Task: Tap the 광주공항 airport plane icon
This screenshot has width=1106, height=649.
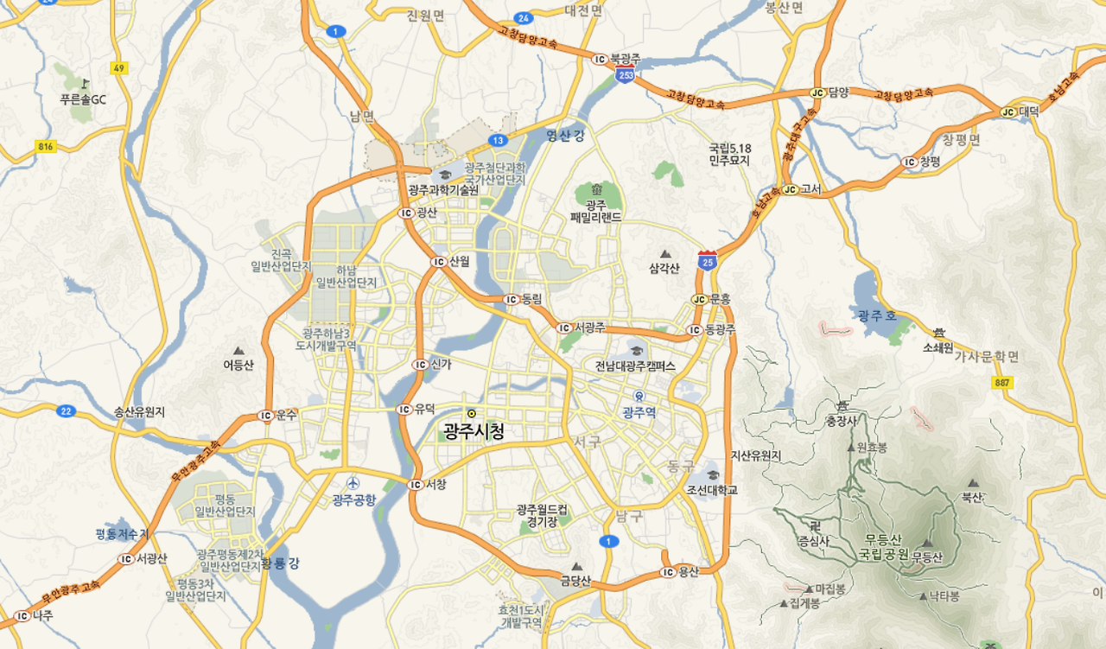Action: coord(352,483)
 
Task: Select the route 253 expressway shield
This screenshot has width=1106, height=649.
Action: coord(626,76)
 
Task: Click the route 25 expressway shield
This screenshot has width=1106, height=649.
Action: coord(708,260)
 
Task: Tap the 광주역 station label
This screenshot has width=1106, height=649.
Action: coord(639,413)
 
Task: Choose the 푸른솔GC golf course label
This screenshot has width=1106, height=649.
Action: coord(83,99)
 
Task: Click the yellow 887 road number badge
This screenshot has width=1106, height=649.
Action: coord(1002,383)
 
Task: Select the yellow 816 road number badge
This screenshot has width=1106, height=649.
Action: coord(46,147)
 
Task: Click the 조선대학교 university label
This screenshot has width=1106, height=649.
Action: coord(712,490)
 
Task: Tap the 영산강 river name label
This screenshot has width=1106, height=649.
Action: coord(565,135)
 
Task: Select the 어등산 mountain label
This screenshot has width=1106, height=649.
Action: coord(238,365)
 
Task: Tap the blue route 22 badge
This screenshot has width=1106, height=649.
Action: coord(66,410)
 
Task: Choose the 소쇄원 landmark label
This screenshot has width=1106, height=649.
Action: coord(938,347)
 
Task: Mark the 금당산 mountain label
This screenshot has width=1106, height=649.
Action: coord(575,582)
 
